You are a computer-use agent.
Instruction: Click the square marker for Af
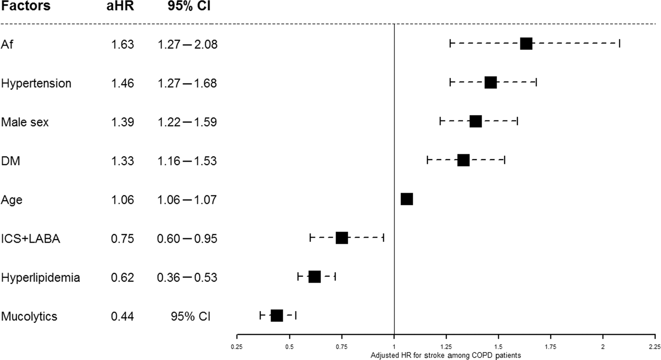pyautogui.click(x=526, y=44)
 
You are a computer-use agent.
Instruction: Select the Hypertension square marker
pyautogui.click(x=490, y=82)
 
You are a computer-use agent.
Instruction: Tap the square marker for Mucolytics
pyautogui.click(x=277, y=315)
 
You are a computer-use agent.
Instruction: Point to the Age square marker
pyautogui.click(x=407, y=199)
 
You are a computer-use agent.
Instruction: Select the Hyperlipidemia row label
pyautogui.click(x=41, y=278)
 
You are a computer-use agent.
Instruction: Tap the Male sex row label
pyautogui.click(x=25, y=122)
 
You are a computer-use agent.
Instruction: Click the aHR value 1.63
pyautogui.click(x=122, y=45)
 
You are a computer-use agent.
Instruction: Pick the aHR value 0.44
pyautogui.click(x=122, y=316)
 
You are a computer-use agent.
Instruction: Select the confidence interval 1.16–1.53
pyautogui.click(x=187, y=161)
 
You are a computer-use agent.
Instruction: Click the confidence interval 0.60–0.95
pyautogui.click(x=187, y=239)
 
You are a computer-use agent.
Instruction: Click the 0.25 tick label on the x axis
pyautogui.click(x=237, y=347)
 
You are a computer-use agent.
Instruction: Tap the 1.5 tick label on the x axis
pyautogui.click(x=498, y=347)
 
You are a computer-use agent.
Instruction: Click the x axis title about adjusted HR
pyautogui.click(x=445, y=355)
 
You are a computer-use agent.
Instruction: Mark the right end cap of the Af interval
pyautogui.click(x=619, y=44)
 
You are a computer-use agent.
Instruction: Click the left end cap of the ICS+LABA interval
pyautogui.click(x=310, y=238)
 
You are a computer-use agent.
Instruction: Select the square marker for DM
pyautogui.click(x=463, y=160)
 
